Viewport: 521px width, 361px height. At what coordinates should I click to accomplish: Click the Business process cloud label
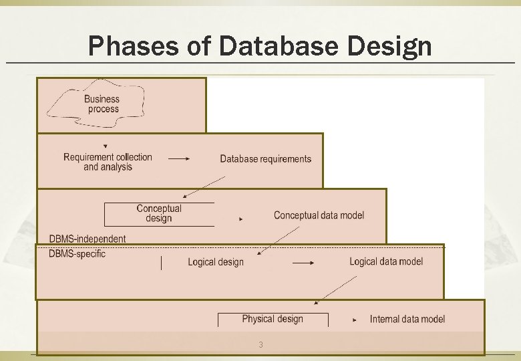pos(102,104)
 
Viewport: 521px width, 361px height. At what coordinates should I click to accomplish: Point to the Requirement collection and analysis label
pos(108,162)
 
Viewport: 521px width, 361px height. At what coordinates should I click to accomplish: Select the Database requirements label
pos(265,159)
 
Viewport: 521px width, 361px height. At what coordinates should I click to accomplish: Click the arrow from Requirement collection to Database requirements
pos(179,158)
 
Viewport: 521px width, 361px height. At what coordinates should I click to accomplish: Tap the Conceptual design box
pos(159,214)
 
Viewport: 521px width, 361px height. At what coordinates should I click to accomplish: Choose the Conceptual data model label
pos(319,215)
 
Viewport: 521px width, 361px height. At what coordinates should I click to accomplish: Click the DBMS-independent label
pos(88,239)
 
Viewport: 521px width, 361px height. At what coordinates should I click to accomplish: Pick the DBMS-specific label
pos(77,254)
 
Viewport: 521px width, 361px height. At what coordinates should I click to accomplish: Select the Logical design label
pos(216,262)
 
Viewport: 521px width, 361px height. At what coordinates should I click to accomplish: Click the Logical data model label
pos(386,261)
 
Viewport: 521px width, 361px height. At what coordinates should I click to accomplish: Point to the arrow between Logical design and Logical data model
pos(303,263)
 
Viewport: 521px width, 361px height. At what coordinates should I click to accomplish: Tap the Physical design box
pos(273,320)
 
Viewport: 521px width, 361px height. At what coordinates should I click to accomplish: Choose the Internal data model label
pos(407,320)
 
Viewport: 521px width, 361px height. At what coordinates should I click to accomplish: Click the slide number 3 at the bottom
pos(261,345)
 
